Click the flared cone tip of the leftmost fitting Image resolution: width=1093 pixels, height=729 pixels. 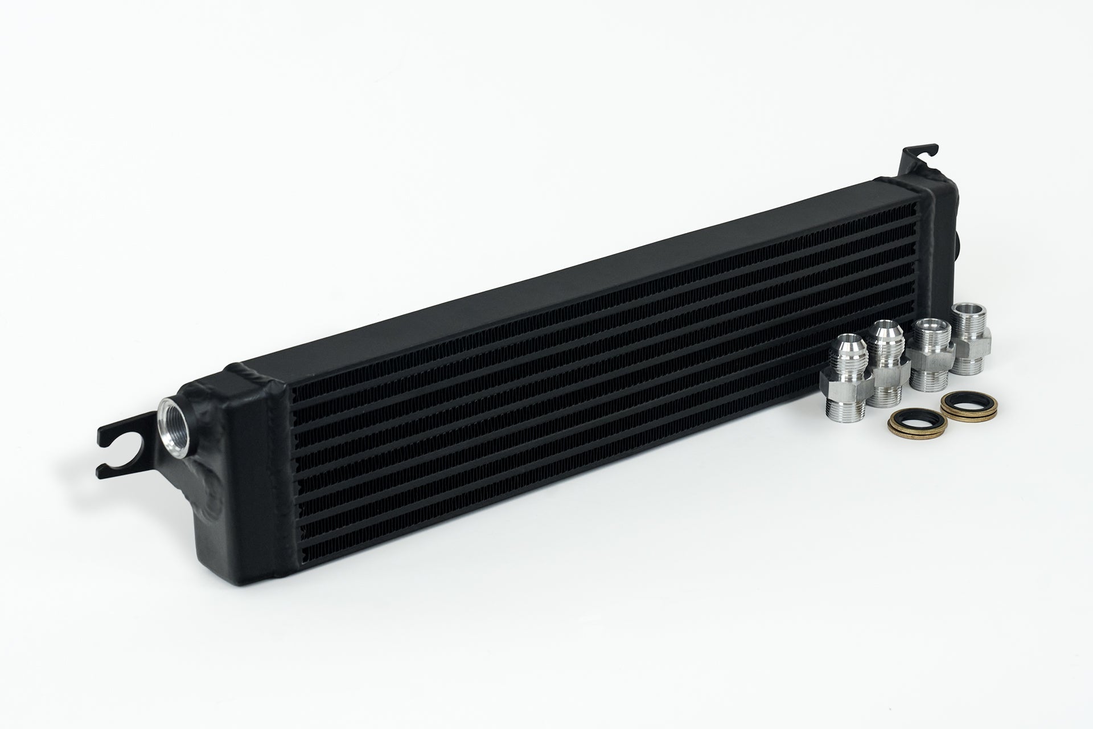[841, 357]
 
